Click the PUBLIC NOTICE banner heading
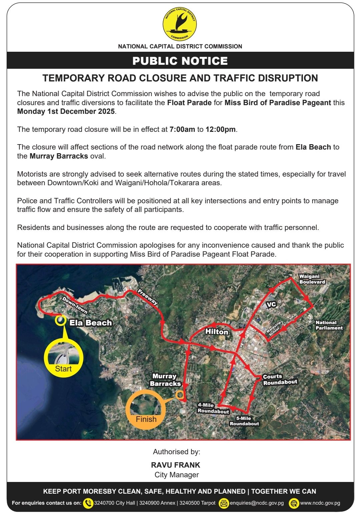click(x=180, y=61)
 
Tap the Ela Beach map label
click(x=90, y=323)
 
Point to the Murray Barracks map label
click(x=165, y=380)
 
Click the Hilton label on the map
click(x=217, y=332)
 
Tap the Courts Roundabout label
click(x=280, y=379)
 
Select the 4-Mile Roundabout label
click(x=213, y=408)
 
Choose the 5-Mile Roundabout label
click(x=244, y=421)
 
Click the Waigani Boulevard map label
click(x=312, y=279)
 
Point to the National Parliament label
click(x=329, y=325)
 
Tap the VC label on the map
click(x=272, y=304)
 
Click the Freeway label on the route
click(x=147, y=297)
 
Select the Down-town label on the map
click(x=75, y=305)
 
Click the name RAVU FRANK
click(x=175, y=465)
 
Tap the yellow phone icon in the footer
click(x=88, y=503)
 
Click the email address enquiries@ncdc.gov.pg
click(x=257, y=503)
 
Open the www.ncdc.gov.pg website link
click(x=320, y=503)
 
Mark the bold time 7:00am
click(x=182, y=129)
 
